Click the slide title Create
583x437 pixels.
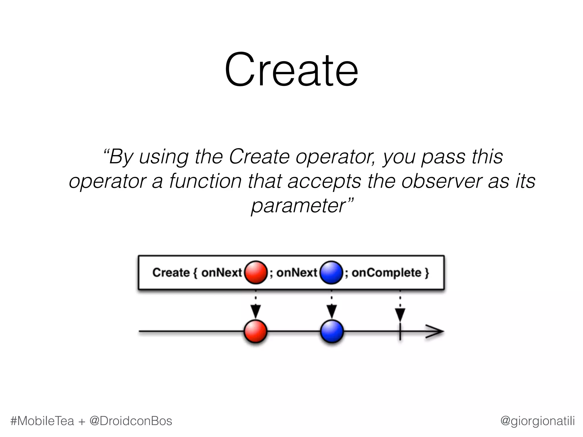291,70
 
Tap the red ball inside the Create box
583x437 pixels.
256,272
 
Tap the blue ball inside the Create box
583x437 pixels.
331,272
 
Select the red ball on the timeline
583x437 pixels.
256,331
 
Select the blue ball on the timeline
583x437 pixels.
332,331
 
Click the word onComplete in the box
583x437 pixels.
386,273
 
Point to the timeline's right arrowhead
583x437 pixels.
435,332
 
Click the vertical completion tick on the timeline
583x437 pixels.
400,331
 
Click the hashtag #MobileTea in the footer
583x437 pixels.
42,421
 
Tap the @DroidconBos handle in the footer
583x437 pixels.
131,421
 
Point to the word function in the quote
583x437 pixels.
206,181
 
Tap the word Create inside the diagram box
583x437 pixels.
171,273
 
